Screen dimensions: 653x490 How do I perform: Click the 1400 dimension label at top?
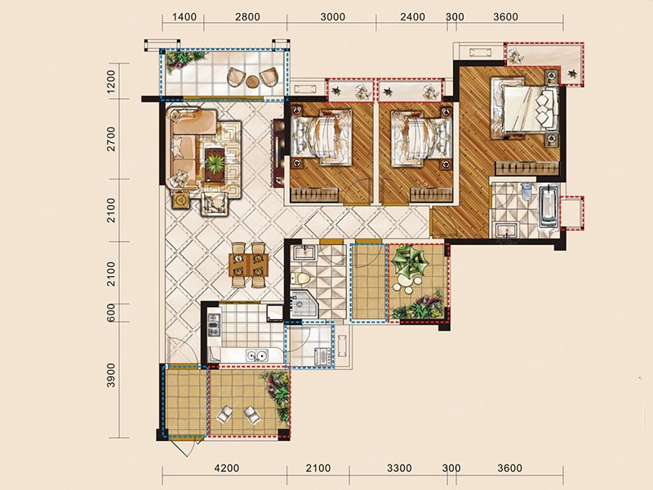click(x=184, y=17)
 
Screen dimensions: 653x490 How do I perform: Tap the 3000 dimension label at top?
click(x=333, y=17)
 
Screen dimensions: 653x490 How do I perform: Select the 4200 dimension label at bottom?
click(x=227, y=468)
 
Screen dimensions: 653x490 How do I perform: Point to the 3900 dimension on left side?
click(x=111, y=376)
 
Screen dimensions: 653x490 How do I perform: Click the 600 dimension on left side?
click(x=111, y=313)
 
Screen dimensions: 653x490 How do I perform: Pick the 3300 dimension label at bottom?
click(x=399, y=468)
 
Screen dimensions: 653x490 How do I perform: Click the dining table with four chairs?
click(x=248, y=265)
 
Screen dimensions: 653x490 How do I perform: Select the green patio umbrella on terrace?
click(x=410, y=261)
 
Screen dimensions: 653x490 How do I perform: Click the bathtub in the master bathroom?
click(x=549, y=207)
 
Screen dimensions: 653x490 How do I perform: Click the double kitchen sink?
click(x=256, y=356)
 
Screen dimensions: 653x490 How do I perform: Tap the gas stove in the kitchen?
click(x=214, y=325)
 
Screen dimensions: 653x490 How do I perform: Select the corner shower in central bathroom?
click(x=303, y=305)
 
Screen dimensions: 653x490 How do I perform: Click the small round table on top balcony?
click(x=252, y=82)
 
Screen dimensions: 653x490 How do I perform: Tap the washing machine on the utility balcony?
click(x=323, y=357)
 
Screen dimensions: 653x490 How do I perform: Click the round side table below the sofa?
click(x=180, y=200)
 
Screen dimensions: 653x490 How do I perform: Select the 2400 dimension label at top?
click(x=412, y=17)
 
